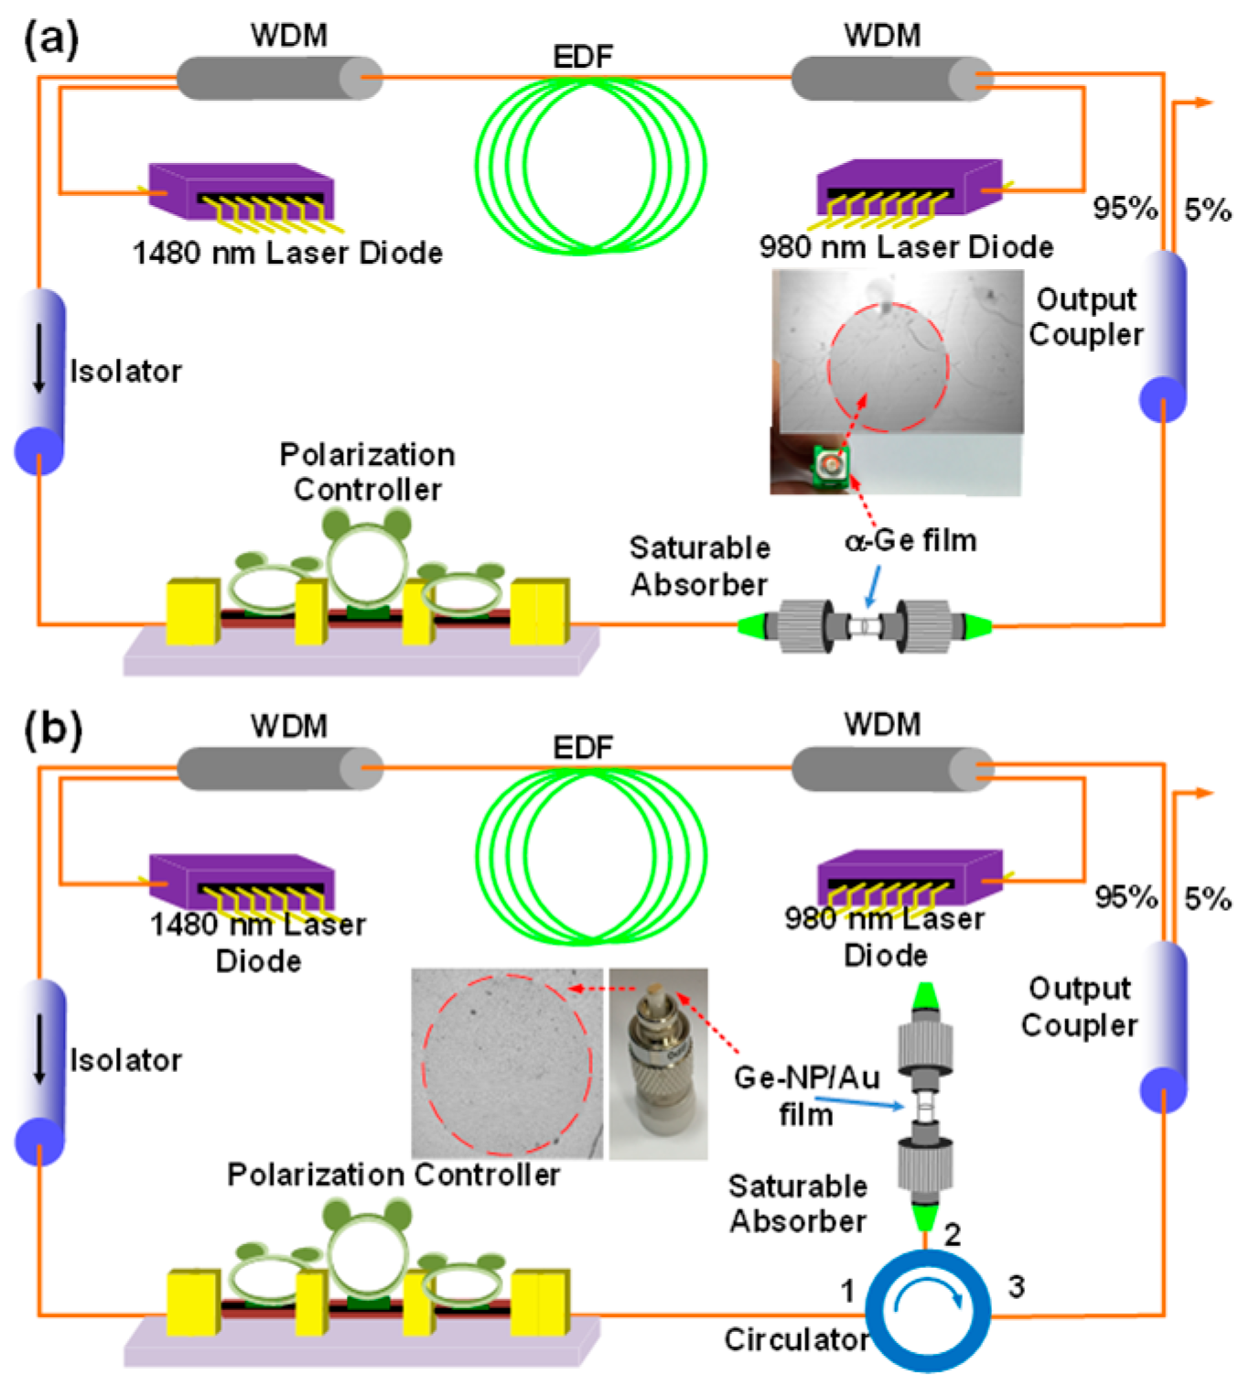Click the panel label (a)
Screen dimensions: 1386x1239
[51, 40]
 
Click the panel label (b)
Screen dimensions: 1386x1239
[53, 730]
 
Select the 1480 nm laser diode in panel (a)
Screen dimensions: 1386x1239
[242, 195]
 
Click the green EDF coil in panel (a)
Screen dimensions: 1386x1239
[590, 165]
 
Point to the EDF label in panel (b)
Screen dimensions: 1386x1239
[583, 748]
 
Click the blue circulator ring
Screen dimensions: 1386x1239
[928, 1310]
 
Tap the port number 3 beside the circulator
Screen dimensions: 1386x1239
[1016, 1286]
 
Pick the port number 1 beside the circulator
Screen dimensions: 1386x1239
[848, 1291]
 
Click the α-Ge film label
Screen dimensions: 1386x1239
[910, 541]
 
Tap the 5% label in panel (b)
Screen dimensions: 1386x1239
[1208, 899]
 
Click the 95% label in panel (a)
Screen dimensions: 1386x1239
[1125, 209]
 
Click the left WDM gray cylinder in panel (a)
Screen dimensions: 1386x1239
[279, 78]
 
